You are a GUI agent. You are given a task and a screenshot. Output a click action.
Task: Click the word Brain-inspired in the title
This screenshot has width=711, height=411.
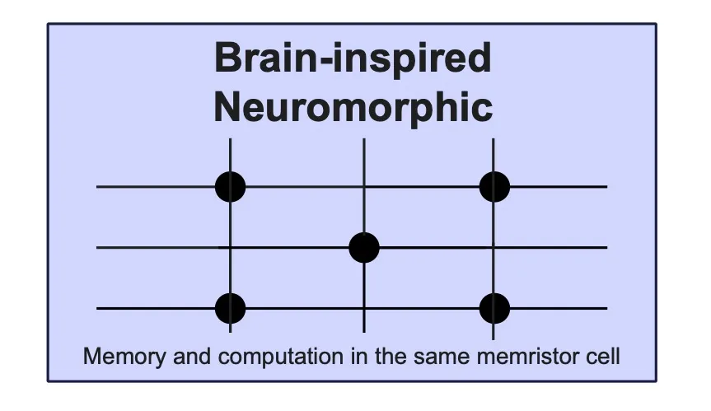[353, 58]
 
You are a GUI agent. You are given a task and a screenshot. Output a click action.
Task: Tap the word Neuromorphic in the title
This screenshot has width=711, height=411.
[353, 107]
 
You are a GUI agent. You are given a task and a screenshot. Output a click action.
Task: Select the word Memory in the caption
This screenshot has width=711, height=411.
[124, 356]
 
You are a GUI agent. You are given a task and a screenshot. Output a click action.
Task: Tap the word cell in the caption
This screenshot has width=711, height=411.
[602, 356]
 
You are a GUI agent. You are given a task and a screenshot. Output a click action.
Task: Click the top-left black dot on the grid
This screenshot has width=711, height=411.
[231, 186]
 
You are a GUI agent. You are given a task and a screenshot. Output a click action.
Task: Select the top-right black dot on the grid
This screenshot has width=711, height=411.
[494, 186]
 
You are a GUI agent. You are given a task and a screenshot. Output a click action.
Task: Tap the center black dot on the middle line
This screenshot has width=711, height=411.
[364, 247]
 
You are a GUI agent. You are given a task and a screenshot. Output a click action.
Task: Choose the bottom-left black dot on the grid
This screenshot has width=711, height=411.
[231, 308]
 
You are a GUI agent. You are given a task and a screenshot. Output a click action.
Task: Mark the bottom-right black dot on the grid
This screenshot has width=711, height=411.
[494, 308]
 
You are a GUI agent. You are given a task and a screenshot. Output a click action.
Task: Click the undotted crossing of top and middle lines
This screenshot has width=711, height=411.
[364, 186]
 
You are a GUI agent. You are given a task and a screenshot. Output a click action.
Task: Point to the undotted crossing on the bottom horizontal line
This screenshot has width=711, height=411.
[364, 308]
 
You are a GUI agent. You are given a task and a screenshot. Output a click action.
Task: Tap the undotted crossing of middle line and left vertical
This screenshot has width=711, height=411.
[231, 247]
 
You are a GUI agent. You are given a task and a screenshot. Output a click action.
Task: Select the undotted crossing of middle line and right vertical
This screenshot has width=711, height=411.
[493, 247]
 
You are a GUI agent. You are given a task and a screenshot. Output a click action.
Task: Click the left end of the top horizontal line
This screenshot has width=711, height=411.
[97, 186]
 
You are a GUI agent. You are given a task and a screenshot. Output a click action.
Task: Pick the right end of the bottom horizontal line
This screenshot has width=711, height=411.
[606, 308]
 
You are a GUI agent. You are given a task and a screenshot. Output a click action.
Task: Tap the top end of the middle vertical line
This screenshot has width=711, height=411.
[364, 139]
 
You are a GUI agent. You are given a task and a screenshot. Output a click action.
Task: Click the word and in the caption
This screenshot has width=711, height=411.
[192, 356]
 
